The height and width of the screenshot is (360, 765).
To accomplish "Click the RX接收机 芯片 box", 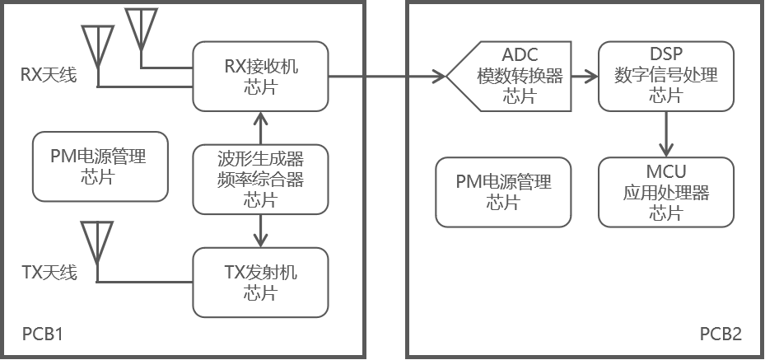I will click(x=260, y=77).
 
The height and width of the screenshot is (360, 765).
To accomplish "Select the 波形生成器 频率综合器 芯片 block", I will click(x=260, y=179).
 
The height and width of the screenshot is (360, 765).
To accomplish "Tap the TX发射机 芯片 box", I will click(x=260, y=283).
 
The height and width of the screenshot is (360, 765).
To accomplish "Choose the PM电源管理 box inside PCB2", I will click(x=503, y=193).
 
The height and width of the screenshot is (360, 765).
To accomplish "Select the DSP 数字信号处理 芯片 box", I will click(x=665, y=77).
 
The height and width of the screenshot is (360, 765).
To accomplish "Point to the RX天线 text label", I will click(x=49, y=76).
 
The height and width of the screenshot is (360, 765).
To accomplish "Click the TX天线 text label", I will click(x=49, y=272).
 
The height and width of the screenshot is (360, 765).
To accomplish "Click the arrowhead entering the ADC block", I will click(x=437, y=77).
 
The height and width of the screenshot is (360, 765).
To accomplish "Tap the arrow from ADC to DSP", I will click(x=585, y=77).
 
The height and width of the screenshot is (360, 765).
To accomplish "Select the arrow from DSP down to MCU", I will click(x=665, y=133).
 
